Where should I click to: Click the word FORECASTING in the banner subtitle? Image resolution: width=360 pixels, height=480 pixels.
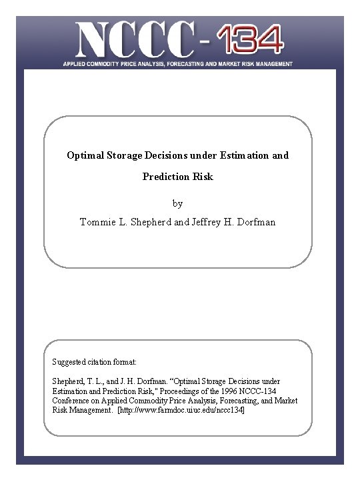point(200,64)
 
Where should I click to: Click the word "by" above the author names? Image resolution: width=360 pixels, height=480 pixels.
point(177,203)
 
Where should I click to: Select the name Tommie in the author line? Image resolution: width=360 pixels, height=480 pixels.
point(99,221)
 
